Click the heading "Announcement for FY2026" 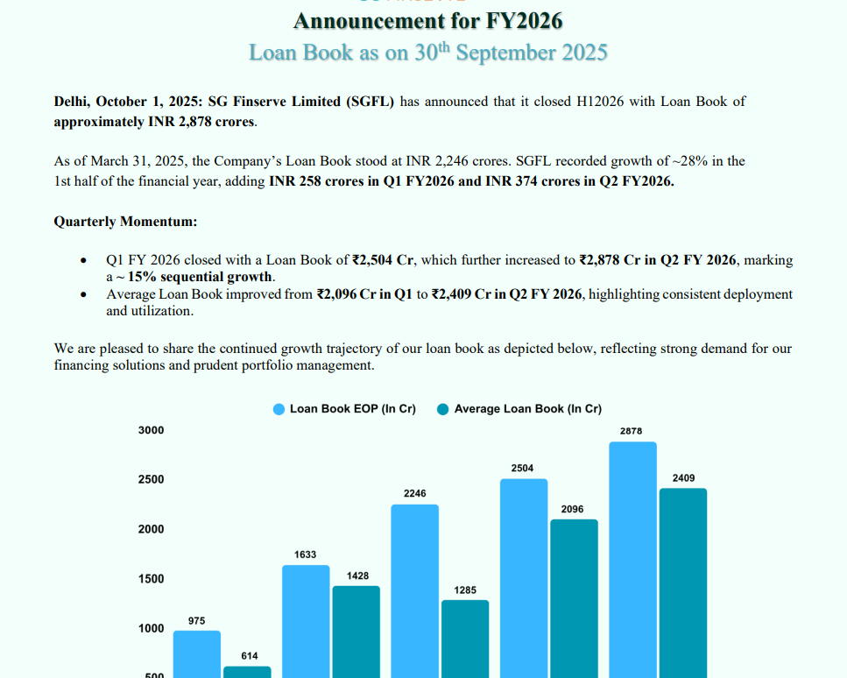(x=427, y=20)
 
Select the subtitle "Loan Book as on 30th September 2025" (x=427, y=53)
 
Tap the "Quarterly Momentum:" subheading (x=125, y=222)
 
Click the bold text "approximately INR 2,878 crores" (x=155, y=121)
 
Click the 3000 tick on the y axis (x=151, y=430)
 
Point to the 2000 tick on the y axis (x=151, y=529)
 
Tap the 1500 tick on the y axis (x=151, y=579)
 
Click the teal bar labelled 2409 (x=682, y=583)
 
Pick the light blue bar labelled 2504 (x=523, y=577)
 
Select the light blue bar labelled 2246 (x=414, y=590)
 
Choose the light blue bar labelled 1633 (x=306, y=621)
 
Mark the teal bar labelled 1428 (x=356, y=631)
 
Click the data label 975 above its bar (x=196, y=621)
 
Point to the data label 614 (x=250, y=656)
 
